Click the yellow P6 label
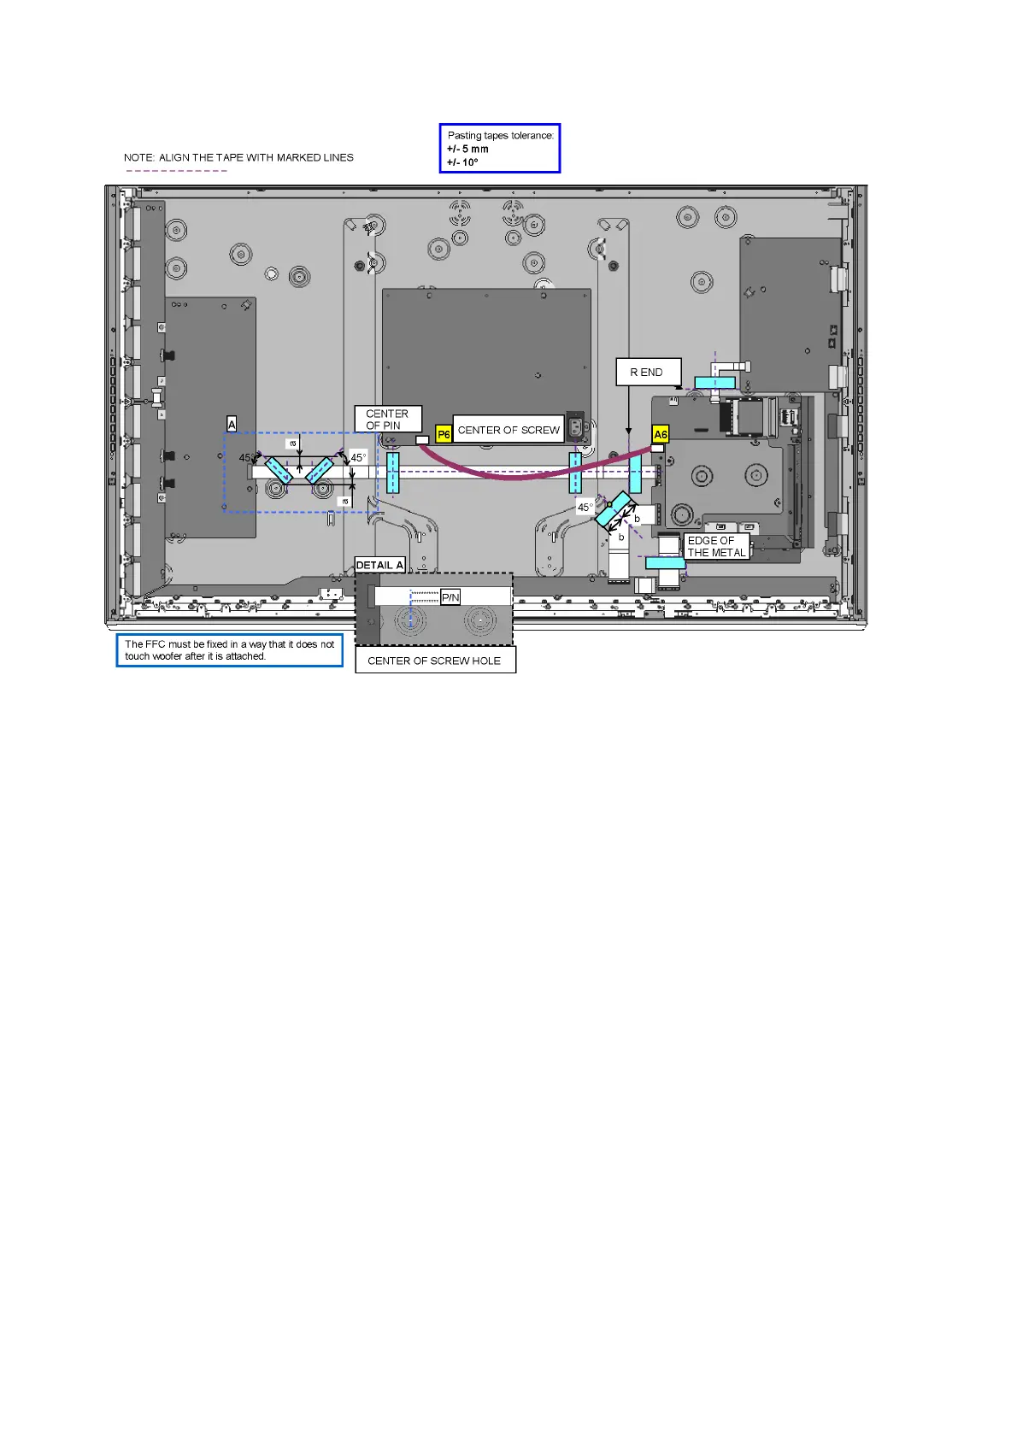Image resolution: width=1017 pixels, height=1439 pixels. point(444,434)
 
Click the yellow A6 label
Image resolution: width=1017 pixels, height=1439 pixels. point(660,434)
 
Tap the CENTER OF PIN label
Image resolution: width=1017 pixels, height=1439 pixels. point(387,419)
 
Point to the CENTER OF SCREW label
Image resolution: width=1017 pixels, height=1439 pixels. point(508,430)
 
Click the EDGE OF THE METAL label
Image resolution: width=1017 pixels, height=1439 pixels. point(717,546)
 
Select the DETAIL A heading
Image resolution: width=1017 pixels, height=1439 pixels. point(379,565)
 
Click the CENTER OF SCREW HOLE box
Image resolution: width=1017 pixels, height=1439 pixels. point(435,661)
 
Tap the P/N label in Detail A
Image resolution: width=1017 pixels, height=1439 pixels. point(450,597)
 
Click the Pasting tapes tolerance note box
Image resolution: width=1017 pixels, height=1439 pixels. point(500,148)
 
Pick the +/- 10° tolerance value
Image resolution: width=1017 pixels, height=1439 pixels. point(462,162)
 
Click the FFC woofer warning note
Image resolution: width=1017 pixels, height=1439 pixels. point(229,650)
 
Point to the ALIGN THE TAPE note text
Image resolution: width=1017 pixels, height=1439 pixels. point(238,157)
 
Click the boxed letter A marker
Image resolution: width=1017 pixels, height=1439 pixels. point(232,424)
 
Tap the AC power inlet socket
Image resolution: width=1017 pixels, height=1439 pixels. point(576,426)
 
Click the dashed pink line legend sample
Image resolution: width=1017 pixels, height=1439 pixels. point(177,171)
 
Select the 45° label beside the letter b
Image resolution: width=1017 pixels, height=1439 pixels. point(585,507)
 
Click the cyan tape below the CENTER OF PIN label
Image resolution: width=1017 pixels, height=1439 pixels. point(392,472)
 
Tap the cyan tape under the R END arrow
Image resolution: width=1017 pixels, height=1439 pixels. point(635,472)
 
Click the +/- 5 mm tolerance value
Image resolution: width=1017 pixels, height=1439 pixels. point(467,149)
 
